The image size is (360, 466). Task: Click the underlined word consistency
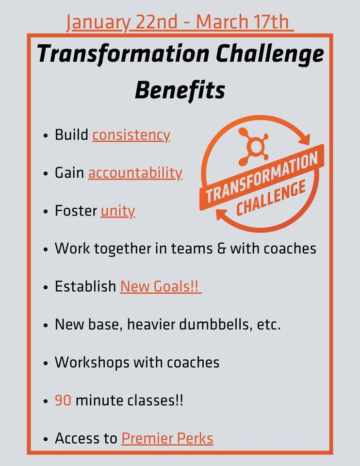[131, 135]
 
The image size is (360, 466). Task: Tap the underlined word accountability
[135, 173]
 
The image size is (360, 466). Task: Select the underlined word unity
[117, 211]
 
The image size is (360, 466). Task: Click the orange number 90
[63, 401]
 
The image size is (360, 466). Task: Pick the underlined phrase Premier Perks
[167, 439]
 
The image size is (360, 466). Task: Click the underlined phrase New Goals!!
[161, 286]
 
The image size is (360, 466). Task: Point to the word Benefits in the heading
[180, 90]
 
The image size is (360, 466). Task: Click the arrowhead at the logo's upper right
[304, 140]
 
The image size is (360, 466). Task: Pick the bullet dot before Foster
[46, 213]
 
